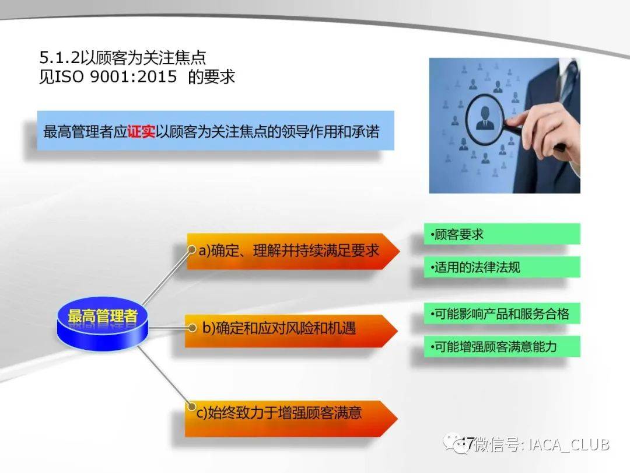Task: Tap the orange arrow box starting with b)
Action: tap(291, 331)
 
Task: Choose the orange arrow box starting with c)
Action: tap(291, 418)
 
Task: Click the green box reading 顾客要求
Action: tap(502, 234)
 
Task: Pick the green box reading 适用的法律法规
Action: tap(502, 267)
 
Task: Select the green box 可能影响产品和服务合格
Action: tap(502, 314)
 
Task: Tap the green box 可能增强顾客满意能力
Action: tap(502, 346)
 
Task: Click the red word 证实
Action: tap(141, 131)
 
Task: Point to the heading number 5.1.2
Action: tap(60, 58)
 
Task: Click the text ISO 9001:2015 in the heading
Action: tap(116, 76)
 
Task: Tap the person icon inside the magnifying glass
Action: tap(485, 118)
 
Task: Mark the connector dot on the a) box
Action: tap(192, 249)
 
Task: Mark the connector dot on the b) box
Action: tap(192, 328)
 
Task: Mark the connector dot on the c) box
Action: tap(192, 406)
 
